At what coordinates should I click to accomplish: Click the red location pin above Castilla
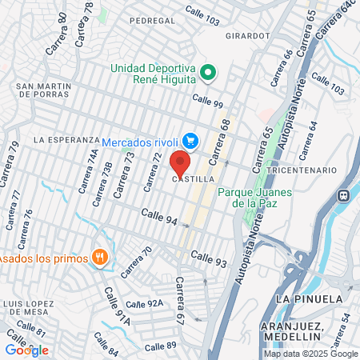click(180, 162)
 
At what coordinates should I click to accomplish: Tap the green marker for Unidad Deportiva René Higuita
click(208, 74)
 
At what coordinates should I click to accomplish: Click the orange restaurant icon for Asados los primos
click(100, 258)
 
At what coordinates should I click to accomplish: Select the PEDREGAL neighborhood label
click(143, 19)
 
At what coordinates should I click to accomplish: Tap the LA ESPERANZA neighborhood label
click(66, 139)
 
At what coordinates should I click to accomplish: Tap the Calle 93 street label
click(210, 258)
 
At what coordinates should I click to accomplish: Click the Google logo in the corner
click(26, 350)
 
